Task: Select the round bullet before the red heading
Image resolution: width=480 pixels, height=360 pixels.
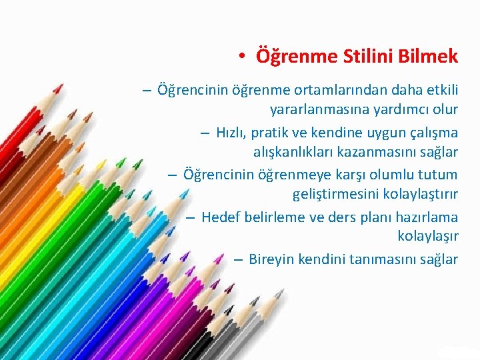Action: click(245, 57)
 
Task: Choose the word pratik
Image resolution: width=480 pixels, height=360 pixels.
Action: click(271, 131)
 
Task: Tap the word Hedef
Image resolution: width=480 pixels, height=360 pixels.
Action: click(220, 217)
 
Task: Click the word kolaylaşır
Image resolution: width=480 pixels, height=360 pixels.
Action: click(427, 236)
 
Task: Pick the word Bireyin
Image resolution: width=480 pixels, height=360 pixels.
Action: click(271, 259)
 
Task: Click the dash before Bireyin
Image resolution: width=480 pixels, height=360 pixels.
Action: click(238, 259)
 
